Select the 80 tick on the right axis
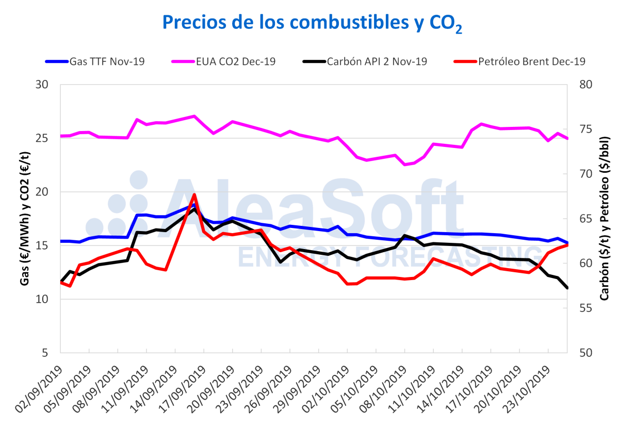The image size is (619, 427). click(x=580, y=85)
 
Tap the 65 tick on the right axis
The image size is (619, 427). click(x=580, y=219)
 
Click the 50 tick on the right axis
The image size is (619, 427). click(x=580, y=353)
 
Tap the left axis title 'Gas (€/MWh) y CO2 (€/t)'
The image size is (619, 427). click(x=24, y=219)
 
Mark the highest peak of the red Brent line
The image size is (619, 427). click(x=194, y=195)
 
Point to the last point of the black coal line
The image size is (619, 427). click(x=567, y=288)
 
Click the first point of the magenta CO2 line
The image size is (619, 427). click(x=61, y=136)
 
